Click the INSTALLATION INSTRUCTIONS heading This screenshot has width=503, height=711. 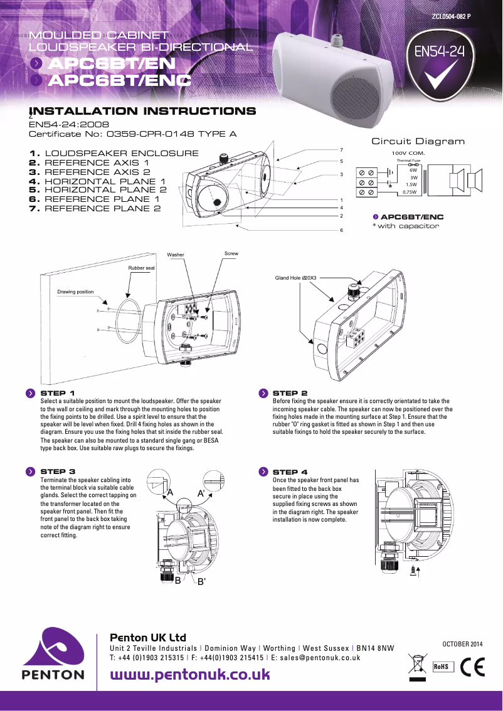tap(142, 112)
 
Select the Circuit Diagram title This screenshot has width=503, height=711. tap(418, 141)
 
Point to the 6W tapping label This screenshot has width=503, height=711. tap(413, 170)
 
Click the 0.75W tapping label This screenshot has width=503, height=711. tap(410, 192)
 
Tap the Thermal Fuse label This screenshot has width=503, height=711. tap(408, 161)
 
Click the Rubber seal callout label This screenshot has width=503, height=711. tap(141, 268)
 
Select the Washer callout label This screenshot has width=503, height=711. tap(176, 255)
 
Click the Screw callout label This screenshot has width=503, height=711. tap(231, 253)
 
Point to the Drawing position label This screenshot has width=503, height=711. tap(75, 292)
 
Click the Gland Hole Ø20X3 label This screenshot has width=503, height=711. tap(296, 277)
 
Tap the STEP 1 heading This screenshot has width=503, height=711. tap(58, 393)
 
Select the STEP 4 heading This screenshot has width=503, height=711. tap(290, 471)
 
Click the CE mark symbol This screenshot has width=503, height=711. tap(472, 667)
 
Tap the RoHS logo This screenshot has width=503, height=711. tap(441, 666)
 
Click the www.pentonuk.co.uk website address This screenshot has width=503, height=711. tap(190, 675)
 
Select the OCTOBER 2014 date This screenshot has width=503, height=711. tap(463, 644)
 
